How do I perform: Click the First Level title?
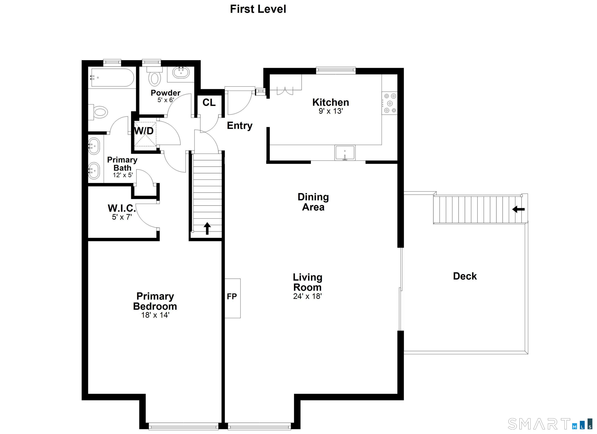click(258, 9)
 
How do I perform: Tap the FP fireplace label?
click(232, 297)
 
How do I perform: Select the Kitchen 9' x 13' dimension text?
click(331, 111)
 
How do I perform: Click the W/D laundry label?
click(144, 131)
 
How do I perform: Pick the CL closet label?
click(209, 103)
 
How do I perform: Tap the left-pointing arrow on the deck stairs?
click(518, 209)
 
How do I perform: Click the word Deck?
click(465, 276)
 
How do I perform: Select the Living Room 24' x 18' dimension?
click(307, 296)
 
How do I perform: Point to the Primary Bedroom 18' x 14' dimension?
click(155, 315)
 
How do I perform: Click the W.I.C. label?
click(122, 208)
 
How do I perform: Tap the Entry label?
click(240, 125)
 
